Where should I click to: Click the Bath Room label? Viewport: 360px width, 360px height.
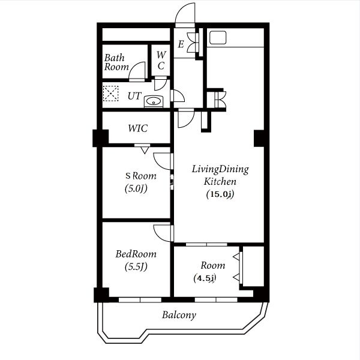point(116,62)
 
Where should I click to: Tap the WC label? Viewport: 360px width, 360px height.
point(161,61)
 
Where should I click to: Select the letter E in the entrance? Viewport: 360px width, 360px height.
point(181,44)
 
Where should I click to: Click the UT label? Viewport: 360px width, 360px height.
point(134,96)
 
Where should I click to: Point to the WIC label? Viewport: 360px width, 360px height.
point(138,128)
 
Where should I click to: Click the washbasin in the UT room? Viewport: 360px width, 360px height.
point(154,101)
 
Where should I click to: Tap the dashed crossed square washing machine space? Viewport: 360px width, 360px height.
point(110,94)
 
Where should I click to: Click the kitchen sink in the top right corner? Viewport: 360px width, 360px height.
point(218,38)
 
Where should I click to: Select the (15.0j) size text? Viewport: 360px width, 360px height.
point(220,194)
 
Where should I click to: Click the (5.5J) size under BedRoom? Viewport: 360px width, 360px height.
point(136,267)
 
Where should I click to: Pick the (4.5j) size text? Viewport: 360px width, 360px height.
point(205,278)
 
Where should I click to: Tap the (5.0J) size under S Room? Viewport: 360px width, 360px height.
point(136,189)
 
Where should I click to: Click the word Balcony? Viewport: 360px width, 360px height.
point(179,315)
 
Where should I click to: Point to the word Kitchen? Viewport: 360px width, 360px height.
point(220,182)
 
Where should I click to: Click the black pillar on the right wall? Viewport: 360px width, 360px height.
point(259,138)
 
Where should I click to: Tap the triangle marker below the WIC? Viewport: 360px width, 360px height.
point(145,151)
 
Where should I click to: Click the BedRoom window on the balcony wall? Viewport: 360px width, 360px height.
point(140,300)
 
